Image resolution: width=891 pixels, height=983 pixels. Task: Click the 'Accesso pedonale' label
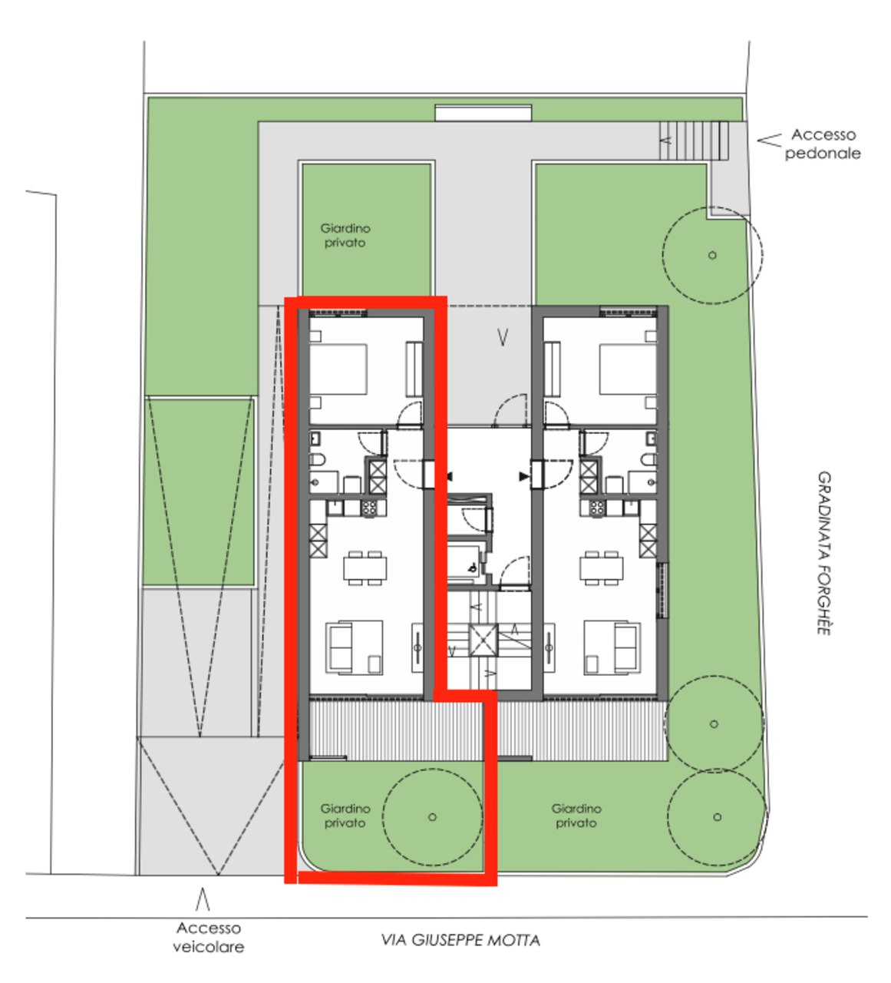pos(823,144)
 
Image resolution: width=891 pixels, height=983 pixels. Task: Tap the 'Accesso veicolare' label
pos(208,937)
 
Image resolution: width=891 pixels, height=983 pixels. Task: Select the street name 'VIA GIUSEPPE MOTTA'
pos(461,940)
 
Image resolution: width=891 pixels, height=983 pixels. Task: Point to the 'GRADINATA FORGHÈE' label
pos(823,553)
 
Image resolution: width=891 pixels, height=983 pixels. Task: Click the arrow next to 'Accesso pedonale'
pos(769,140)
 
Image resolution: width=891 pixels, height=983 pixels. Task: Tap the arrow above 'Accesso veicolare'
pos(203,899)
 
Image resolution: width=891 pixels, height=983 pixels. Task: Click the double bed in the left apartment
pos(338,369)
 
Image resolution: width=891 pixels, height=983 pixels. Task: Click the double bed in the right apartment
pos(628,369)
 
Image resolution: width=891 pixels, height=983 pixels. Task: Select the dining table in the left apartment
pos(365,568)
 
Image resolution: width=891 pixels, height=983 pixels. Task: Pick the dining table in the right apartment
pos(602,568)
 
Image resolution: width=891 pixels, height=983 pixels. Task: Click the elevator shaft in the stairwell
pos(483,640)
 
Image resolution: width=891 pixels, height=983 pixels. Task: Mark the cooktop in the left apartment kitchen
pos(369,508)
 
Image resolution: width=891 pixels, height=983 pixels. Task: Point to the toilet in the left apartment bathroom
pos(317,460)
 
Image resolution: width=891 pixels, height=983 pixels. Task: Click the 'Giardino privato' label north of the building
pos(345,235)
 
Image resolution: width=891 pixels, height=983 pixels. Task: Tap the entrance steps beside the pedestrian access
pos(694,141)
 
